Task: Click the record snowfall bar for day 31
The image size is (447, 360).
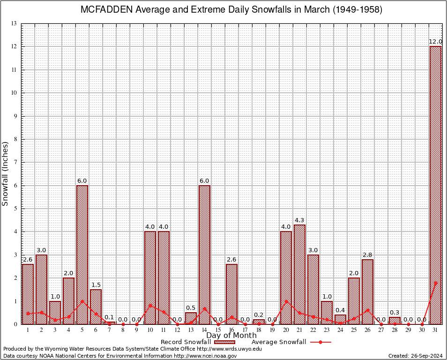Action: [x=436, y=185]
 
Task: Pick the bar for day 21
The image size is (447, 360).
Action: [x=300, y=274]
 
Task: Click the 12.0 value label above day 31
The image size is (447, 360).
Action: [x=436, y=42]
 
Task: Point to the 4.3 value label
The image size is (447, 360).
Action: [x=300, y=220]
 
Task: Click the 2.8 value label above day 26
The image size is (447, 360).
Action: [x=368, y=255]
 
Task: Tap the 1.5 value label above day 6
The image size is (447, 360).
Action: [x=96, y=285]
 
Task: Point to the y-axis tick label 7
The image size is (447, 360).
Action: [x=15, y=162]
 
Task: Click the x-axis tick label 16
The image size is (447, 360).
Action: [x=231, y=330]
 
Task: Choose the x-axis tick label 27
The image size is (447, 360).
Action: [x=381, y=330]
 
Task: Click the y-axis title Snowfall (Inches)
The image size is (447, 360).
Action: [x=6, y=173]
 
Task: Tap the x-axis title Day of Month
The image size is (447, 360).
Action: [x=231, y=336]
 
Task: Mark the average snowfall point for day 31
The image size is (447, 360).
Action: [x=436, y=283]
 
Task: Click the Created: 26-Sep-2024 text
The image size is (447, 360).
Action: [x=416, y=356]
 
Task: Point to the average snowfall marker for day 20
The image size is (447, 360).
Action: [x=286, y=302]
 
